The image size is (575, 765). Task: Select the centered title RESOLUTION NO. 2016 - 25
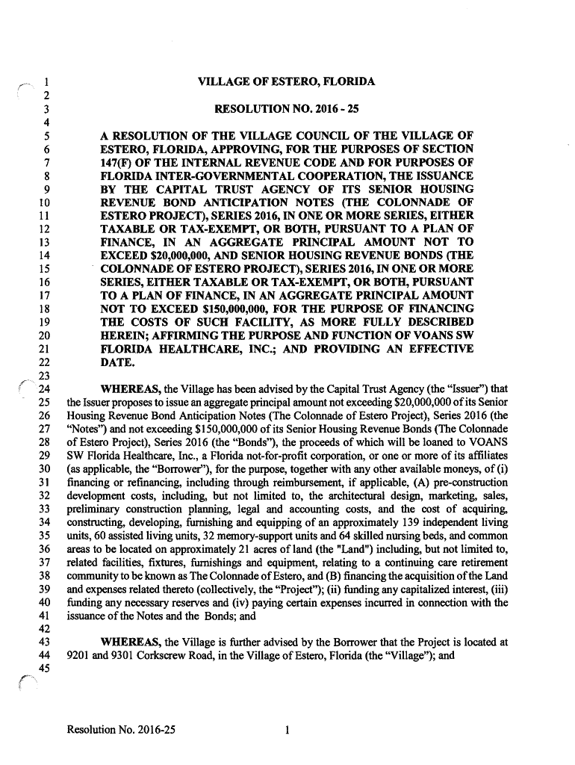point(287,108)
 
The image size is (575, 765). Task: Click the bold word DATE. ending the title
point(118,362)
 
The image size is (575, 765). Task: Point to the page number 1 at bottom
point(287,731)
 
